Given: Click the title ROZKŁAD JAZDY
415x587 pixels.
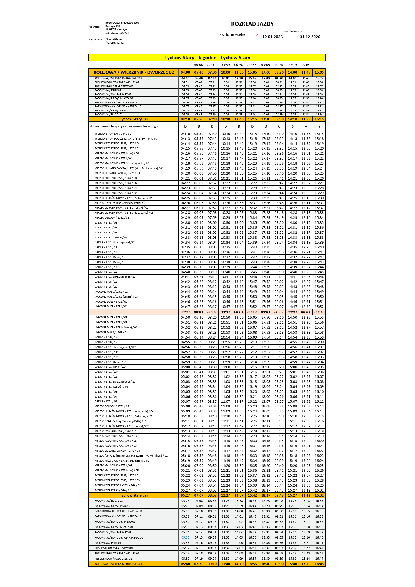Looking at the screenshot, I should [252, 24].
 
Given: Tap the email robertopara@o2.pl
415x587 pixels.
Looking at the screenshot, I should [117, 33].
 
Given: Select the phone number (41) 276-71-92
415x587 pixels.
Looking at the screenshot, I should [114, 43].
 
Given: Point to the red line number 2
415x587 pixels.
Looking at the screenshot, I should [257, 35].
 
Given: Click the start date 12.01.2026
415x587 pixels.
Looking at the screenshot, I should [272, 37].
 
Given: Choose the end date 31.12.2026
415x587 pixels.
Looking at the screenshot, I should [310, 37].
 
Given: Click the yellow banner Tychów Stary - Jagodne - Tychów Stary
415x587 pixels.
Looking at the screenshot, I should [207, 58].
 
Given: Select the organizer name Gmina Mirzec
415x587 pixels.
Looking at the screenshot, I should [114, 39].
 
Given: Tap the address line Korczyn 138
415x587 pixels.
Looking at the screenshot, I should [113, 26].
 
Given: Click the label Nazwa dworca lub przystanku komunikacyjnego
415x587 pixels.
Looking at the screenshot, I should [123, 126].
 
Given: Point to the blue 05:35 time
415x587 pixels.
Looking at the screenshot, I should [185, 537].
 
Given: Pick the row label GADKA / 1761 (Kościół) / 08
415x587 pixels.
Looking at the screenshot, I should [111, 387].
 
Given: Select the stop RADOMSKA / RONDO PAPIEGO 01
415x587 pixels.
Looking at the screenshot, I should [115, 522].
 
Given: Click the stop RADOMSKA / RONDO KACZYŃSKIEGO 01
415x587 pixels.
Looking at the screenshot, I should [119, 537].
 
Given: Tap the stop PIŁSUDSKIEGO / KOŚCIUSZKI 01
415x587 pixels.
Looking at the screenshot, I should [113, 559].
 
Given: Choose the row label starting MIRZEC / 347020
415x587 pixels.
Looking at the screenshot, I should [131, 456].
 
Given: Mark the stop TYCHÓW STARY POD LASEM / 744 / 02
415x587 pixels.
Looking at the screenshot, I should [118, 485].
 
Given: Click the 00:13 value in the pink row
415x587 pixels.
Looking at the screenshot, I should [252, 312].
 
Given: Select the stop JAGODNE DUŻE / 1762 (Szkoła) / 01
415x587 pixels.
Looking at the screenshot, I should [116, 328].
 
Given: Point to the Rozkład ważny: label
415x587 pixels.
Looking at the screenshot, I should [292, 31].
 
